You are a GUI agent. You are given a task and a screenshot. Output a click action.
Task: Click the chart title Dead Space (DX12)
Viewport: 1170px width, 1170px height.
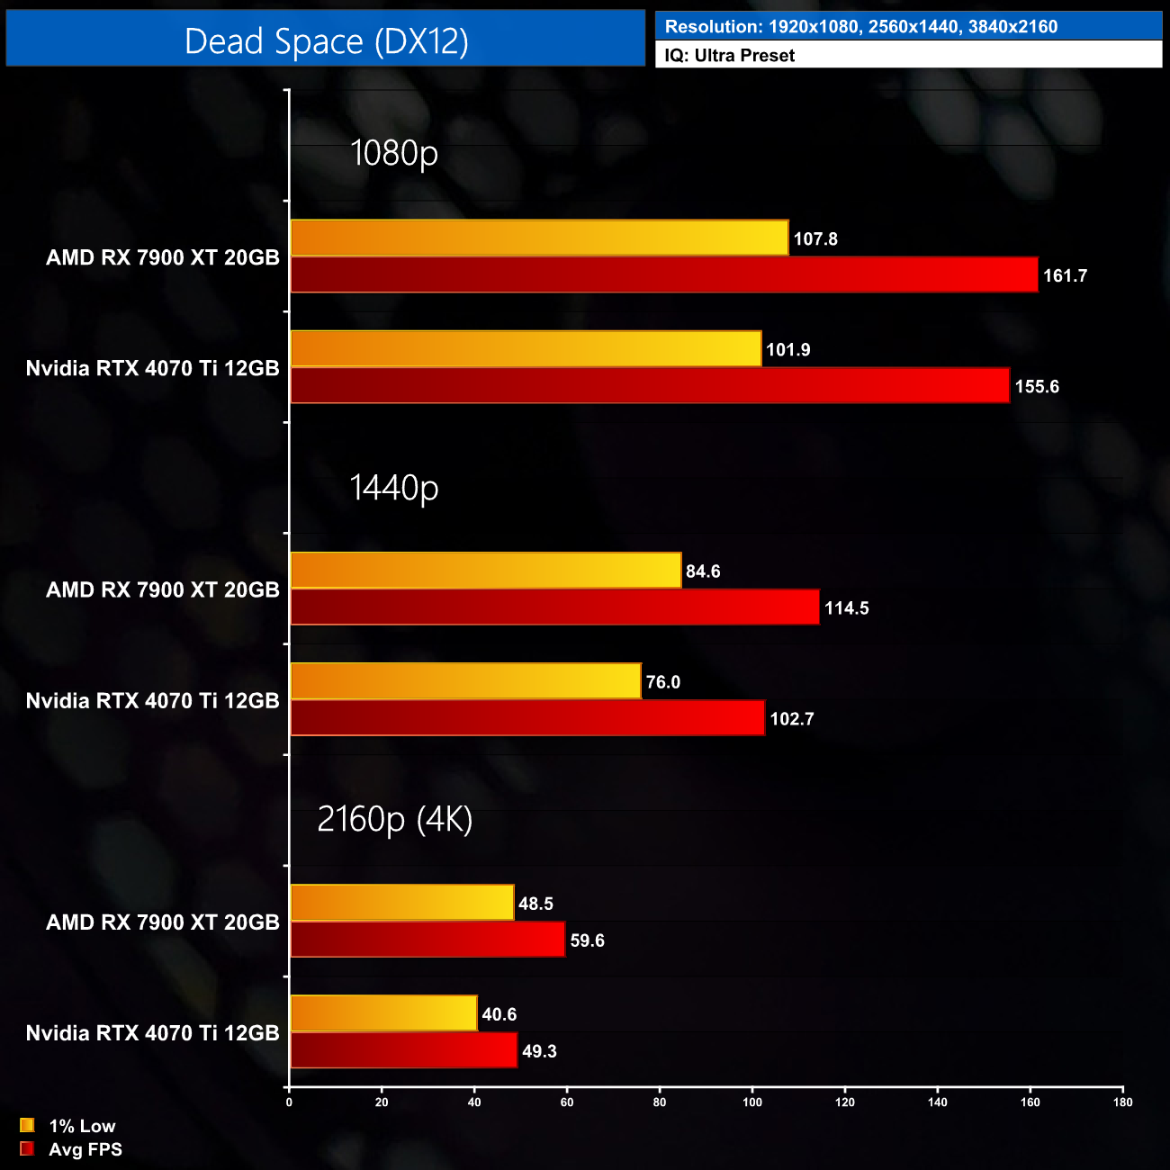coord(326,41)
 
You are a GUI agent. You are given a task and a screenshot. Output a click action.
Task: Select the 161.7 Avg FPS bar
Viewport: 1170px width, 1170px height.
coord(663,275)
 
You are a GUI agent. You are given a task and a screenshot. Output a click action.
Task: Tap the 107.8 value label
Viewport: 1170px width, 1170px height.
coord(815,238)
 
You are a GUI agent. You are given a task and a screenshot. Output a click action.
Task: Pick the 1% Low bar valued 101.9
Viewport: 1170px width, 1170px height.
coord(526,349)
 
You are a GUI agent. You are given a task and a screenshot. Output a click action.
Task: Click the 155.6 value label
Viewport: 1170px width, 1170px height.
coord(1037,387)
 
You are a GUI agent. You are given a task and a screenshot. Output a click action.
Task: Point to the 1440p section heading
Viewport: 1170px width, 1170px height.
coord(394,488)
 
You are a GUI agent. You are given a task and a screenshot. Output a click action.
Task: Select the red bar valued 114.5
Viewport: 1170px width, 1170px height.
coord(554,607)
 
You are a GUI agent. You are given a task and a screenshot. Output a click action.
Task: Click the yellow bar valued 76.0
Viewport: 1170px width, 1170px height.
coord(465,681)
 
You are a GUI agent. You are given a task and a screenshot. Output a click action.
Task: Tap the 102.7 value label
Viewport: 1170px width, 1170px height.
coord(792,719)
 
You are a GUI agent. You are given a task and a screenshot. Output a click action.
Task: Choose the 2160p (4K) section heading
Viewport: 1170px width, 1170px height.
coord(394,820)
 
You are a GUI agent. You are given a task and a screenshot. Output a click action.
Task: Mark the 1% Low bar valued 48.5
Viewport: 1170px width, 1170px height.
coord(401,903)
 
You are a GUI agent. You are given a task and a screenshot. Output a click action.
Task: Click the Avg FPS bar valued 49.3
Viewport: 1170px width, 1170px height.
coord(403,1050)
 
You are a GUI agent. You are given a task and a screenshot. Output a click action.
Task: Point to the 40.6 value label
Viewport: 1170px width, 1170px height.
coord(499,1015)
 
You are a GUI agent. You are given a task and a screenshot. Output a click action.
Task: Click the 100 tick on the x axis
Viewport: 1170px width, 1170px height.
coord(752,1102)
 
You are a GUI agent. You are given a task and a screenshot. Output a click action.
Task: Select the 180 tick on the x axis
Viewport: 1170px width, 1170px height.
coord(1122,1102)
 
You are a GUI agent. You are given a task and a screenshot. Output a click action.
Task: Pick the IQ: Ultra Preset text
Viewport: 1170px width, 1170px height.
coord(730,56)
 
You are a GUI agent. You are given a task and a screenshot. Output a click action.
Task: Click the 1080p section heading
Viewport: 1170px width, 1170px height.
coord(394,153)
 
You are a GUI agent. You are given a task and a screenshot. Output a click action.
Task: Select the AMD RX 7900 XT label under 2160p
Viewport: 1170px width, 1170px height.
coord(163,922)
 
